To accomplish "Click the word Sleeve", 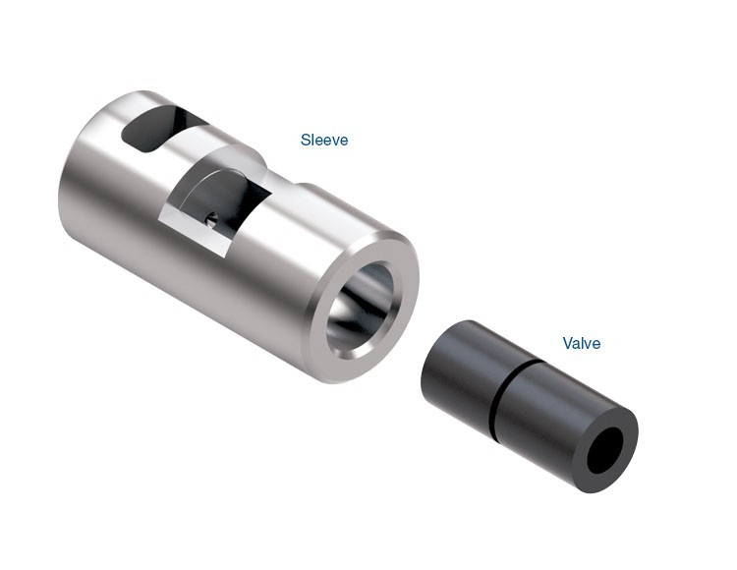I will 324,141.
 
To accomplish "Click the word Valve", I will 582,344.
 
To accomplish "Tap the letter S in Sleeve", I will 305,141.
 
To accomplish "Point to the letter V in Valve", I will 567,344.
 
